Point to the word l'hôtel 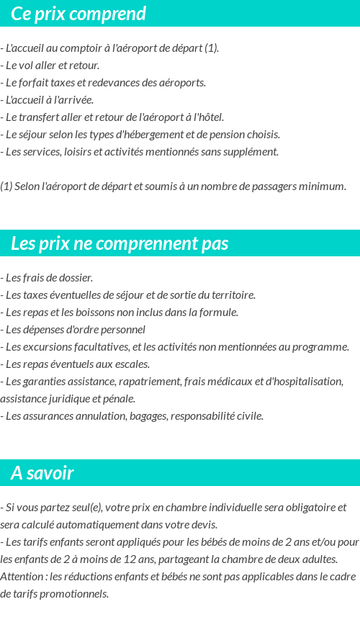point(208,117)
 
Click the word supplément point(251,152)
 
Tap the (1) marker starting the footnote point(6,186)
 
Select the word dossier point(75,278)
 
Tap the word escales point(131,364)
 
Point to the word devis point(204,525)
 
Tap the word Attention point(22,577)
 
